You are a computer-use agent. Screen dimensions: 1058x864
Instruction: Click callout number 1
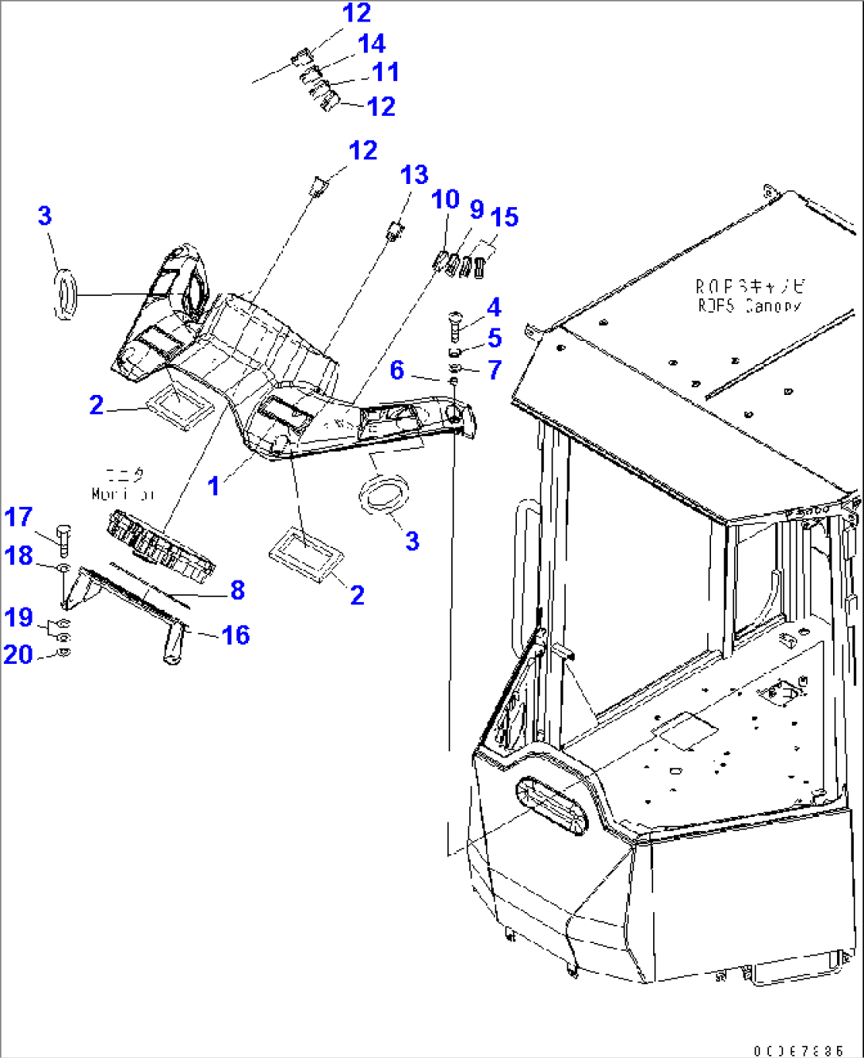(213, 485)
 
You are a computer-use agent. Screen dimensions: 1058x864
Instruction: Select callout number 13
(414, 175)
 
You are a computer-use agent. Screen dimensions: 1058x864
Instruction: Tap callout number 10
(445, 199)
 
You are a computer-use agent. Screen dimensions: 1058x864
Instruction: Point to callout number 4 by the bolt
(494, 307)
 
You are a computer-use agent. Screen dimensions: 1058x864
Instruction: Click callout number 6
(397, 370)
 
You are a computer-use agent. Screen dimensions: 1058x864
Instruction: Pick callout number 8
(237, 590)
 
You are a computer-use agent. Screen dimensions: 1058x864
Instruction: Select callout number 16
(235, 634)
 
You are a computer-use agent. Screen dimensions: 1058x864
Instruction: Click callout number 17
(18, 517)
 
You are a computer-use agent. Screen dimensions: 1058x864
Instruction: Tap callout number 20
(18, 654)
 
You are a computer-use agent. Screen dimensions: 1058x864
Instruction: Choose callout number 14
(371, 44)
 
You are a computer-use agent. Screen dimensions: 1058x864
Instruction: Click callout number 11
(385, 72)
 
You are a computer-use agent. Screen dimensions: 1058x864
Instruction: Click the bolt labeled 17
(63, 539)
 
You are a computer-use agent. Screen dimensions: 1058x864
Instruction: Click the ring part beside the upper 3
(65, 295)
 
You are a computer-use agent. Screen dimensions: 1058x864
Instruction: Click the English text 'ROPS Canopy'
(749, 305)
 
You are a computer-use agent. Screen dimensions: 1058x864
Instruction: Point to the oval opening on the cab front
(552, 805)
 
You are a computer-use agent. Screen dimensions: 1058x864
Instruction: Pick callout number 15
(504, 217)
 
